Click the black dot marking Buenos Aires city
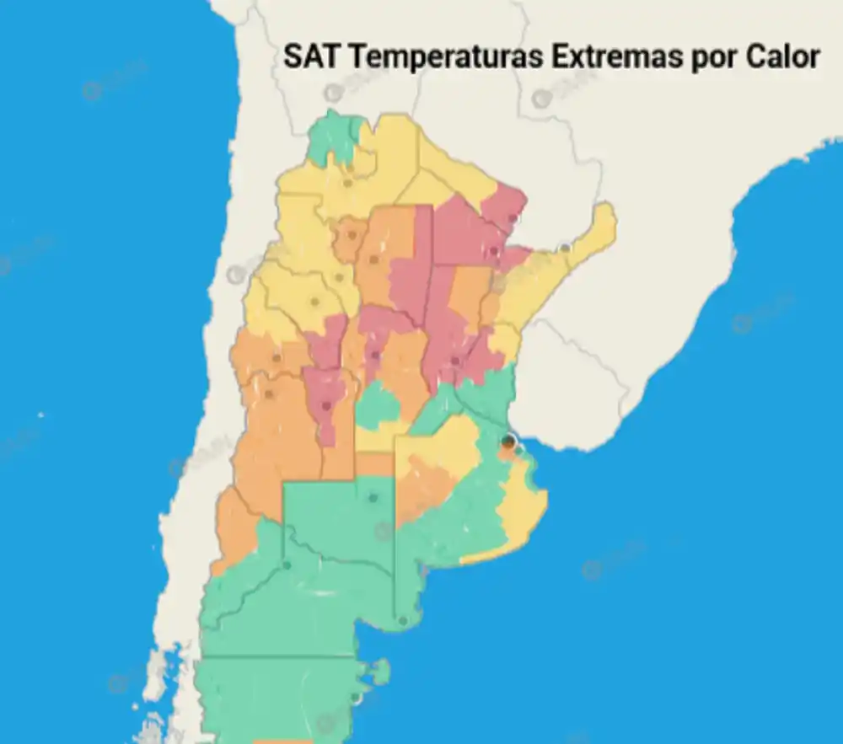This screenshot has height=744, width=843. coord(507,441)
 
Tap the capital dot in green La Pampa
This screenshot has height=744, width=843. coord(372,498)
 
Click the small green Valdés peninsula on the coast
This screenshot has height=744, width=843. coord(381,672)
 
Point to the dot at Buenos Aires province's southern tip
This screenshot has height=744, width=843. coord(403,621)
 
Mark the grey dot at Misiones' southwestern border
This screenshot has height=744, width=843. coord(564,248)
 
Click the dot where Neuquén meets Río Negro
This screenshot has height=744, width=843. coord(287,565)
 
